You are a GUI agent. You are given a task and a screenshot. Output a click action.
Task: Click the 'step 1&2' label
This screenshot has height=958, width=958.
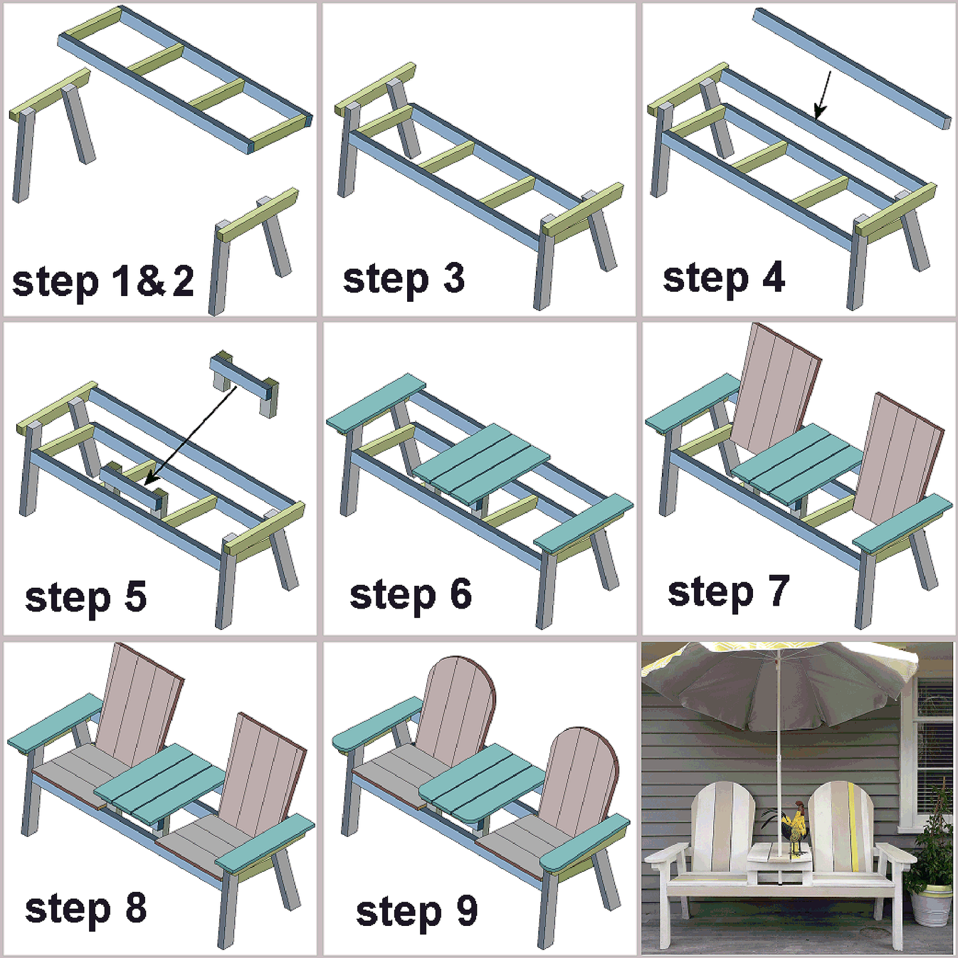[x=102, y=282]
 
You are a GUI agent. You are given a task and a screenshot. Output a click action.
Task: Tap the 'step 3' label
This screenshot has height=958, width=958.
[x=404, y=279]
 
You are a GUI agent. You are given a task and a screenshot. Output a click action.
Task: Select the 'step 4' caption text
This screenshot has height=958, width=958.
[x=723, y=278]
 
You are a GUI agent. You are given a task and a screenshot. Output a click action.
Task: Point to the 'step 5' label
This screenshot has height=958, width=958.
[x=85, y=597]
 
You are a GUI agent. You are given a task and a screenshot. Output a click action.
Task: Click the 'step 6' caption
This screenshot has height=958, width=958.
[x=410, y=595]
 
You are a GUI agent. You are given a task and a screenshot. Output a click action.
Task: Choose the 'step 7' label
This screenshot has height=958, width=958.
[x=728, y=592]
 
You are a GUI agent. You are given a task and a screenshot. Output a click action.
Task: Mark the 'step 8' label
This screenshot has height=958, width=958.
[x=85, y=909]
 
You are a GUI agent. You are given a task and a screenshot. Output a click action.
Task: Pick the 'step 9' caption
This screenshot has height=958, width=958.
[x=416, y=912]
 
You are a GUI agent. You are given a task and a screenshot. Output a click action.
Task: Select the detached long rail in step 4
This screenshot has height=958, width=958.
[x=851, y=67]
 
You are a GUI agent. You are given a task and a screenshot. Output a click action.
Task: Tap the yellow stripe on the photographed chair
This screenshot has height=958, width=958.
[x=852, y=826]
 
